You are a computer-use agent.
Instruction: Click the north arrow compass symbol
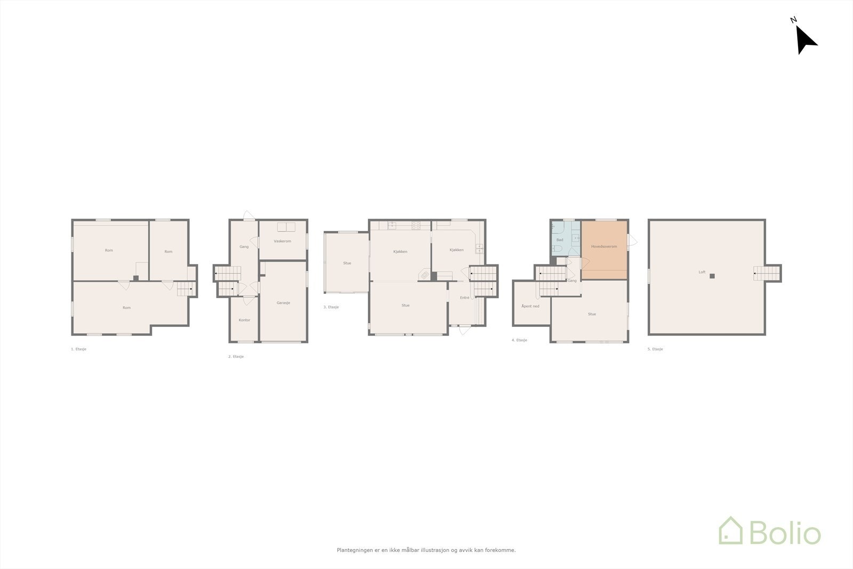(805, 38)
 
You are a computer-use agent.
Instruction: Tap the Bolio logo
(770, 531)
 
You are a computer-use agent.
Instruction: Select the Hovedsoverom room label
(603, 246)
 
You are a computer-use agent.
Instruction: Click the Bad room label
(559, 240)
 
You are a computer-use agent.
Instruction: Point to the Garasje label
(283, 303)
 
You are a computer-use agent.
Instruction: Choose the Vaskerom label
(282, 241)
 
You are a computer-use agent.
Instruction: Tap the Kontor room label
(244, 320)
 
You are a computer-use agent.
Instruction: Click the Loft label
(702, 272)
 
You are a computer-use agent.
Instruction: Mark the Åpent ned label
(530, 306)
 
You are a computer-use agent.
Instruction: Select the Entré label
(464, 298)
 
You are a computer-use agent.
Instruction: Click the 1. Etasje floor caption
(78, 349)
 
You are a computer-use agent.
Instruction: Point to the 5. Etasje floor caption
(655, 349)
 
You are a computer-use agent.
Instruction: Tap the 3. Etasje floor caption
(331, 307)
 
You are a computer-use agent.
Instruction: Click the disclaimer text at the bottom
(426, 550)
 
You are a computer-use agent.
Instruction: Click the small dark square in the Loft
(712, 276)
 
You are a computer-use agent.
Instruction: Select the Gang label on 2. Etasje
(244, 246)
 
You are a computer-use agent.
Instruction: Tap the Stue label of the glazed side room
(347, 263)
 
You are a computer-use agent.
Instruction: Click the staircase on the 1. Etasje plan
(186, 289)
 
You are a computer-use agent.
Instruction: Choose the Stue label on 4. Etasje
(591, 314)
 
